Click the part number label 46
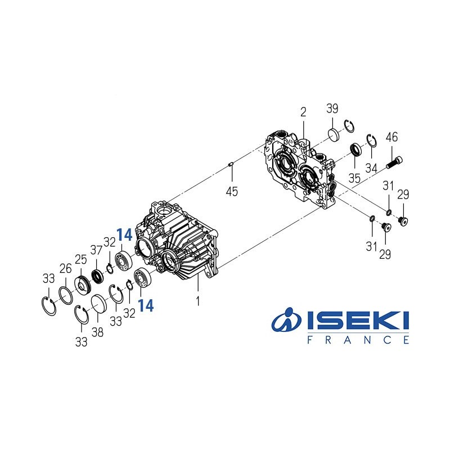click(x=391, y=137)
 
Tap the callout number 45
click(x=231, y=191)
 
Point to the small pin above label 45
click(x=231, y=164)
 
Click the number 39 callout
click(x=332, y=109)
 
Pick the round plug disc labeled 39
click(x=335, y=134)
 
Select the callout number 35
click(x=354, y=179)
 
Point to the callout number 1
click(x=197, y=301)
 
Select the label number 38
click(x=97, y=332)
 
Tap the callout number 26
click(x=66, y=267)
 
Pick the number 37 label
click(x=96, y=250)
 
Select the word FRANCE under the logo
click(x=358, y=340)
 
